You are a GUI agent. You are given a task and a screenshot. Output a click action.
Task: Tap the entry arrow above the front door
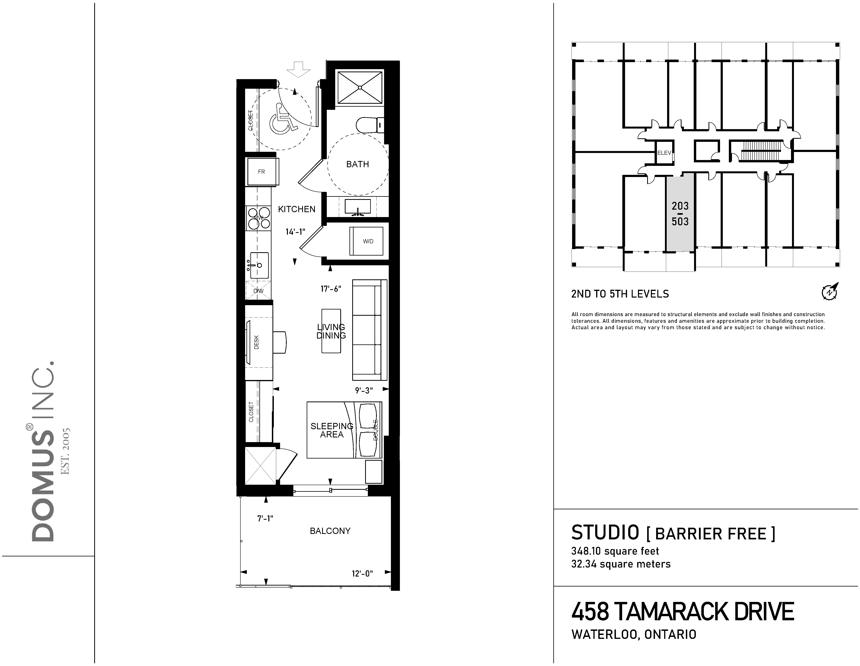(x=298, y=69)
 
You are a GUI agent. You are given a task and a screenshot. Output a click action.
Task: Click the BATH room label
(x=357, y=164)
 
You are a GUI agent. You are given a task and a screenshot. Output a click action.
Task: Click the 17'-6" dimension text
(x=331, y=289)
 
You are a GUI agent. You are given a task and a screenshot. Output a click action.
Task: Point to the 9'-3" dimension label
(x=364, y=391)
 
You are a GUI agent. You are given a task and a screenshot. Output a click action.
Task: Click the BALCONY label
(x=330, y=531)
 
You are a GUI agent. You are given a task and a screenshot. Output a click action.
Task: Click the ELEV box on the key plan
(x=664, y=153)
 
